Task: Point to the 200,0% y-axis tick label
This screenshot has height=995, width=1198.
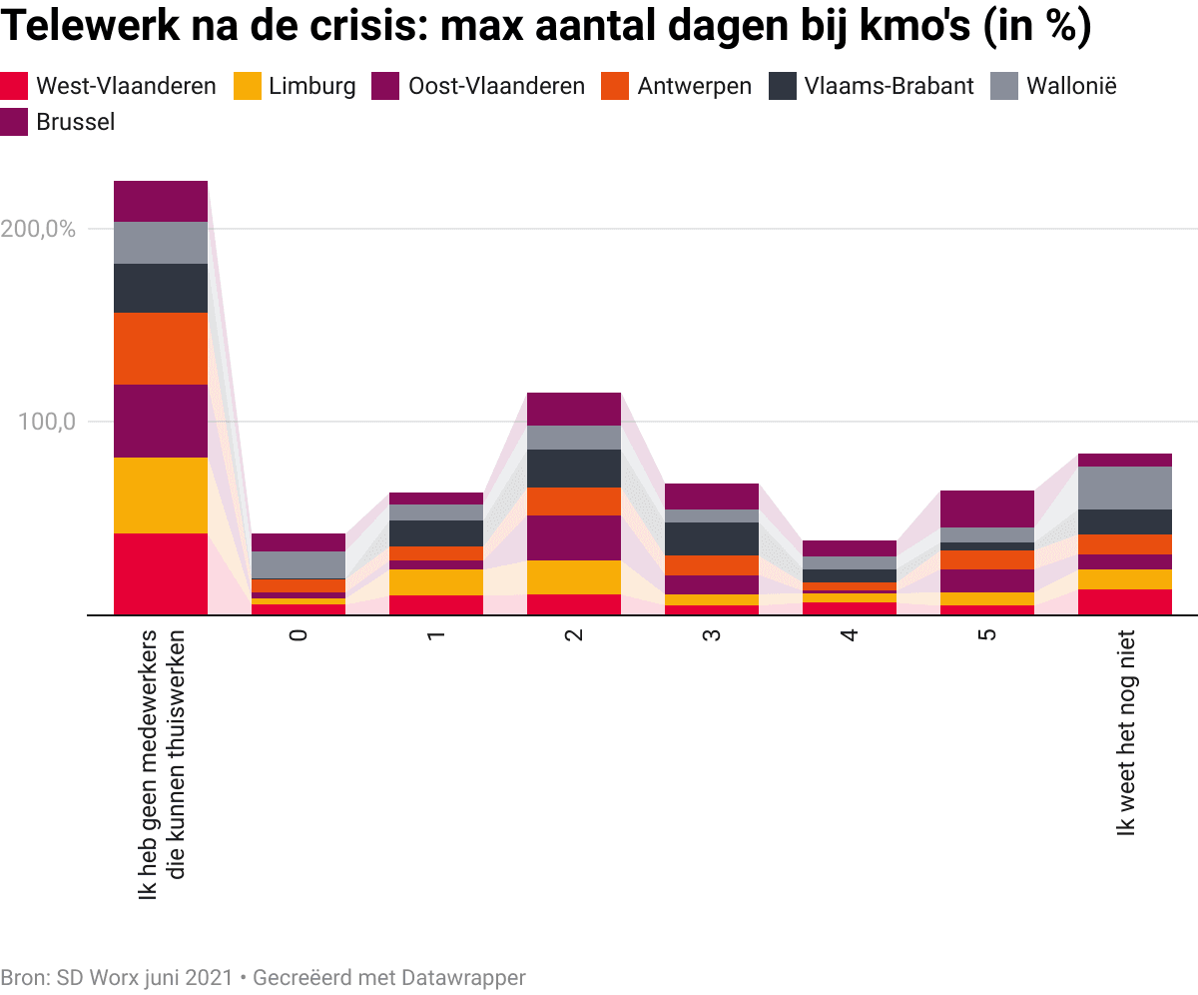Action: [x=39, y=229]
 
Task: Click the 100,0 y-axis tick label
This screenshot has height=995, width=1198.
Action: [x=48, y=422]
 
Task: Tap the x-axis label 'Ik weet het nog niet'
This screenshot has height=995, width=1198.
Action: [x=1126, y=734]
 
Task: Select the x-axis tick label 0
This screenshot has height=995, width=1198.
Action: [x=298, y=635]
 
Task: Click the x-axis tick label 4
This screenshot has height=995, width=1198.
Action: [x=849, y=635]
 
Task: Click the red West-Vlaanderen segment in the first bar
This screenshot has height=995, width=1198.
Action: [x=161, y=573]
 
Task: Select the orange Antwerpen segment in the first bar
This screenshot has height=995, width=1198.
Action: [x=161, y=349]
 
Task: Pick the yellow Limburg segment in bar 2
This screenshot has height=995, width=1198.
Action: [x=574, y=577]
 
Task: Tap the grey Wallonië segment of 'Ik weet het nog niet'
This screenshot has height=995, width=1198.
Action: [x=1125, y=488]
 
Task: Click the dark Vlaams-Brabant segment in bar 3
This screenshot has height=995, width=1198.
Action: [x=712, y=538]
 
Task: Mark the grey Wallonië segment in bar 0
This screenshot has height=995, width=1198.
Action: [x=299, y=564]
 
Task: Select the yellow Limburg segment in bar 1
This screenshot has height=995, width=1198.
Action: [x=436, y=582]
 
